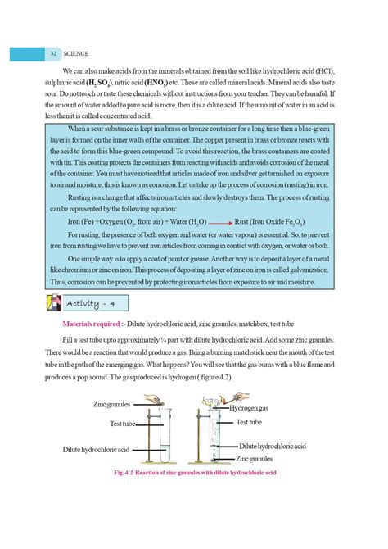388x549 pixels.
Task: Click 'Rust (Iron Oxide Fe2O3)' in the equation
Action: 271,222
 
